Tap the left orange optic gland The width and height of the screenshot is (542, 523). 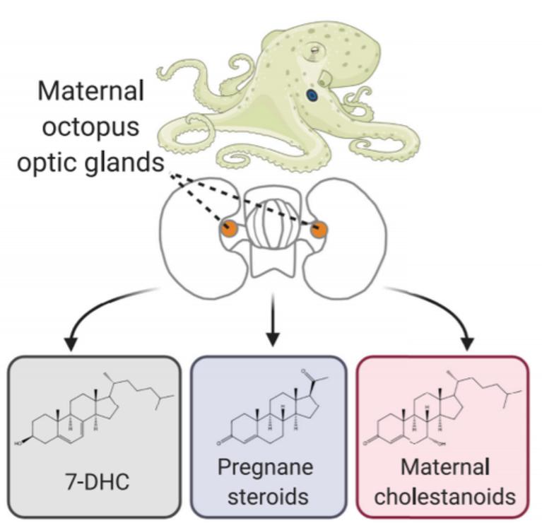(x=228, y=228)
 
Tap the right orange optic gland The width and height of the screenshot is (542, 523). (x=319, y=229)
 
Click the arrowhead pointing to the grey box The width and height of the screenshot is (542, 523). (x=71, y=345)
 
